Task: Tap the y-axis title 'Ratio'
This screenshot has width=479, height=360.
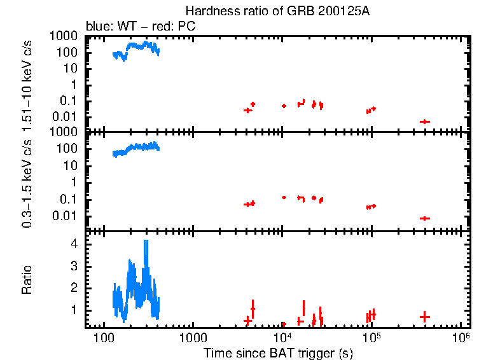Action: [27, 280]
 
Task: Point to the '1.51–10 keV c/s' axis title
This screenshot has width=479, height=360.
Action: [27, 83]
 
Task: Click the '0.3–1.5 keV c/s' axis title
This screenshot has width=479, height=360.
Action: [27, 181]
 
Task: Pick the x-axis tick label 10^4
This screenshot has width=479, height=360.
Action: [282, 335]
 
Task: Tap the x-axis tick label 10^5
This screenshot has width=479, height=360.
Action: [371, 335]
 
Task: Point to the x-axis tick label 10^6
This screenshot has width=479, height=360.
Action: [461, 335]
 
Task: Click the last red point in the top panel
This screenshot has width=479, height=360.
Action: [424, 121]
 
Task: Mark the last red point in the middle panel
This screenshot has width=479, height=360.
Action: [424, 218]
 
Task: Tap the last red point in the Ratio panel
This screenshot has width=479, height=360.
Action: [424, 316]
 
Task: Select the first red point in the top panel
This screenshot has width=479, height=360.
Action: [247, 110]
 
